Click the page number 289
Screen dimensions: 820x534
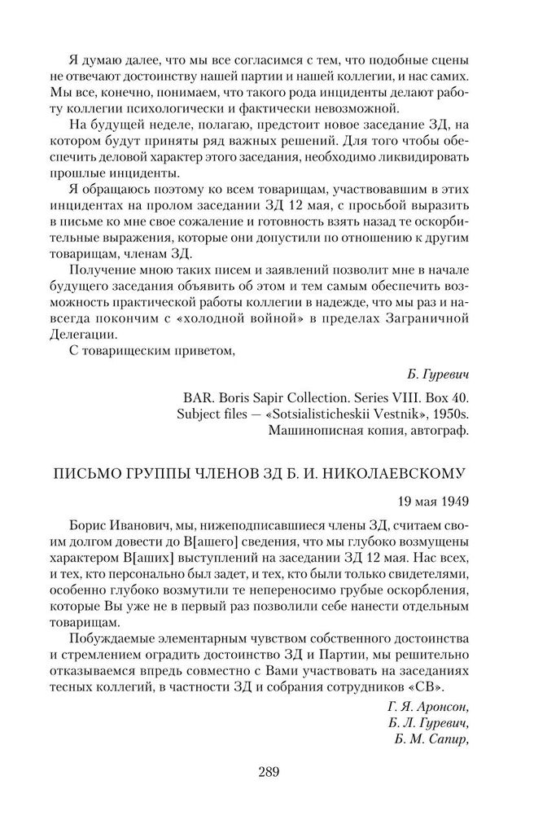[267, 770]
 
